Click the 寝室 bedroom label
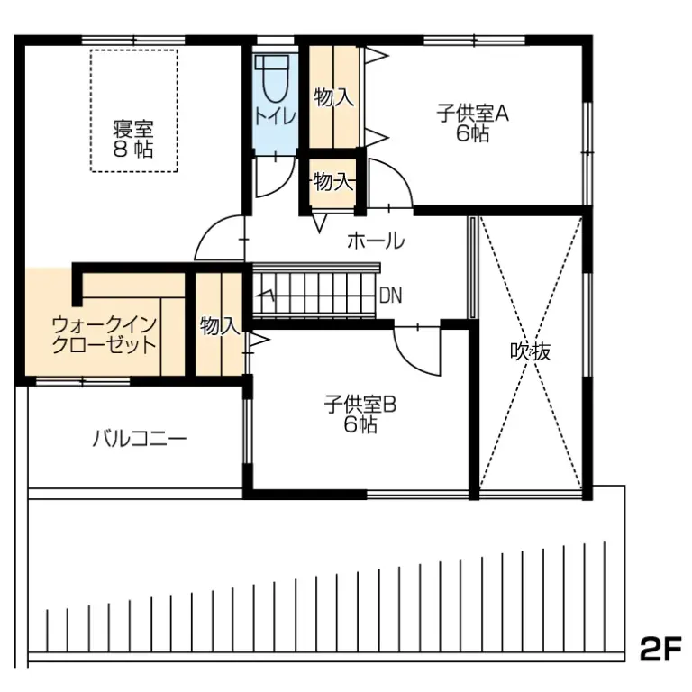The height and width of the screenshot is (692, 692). tap(132, 127)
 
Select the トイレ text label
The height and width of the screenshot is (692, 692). tap(273, 116)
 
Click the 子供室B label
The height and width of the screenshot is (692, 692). tap(360, 405)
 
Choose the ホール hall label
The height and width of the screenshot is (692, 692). tap(375, 241)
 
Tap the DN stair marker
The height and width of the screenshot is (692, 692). tap(390, 295)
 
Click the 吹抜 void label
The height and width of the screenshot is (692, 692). tap(529, 352)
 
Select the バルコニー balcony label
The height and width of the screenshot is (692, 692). tap(139, 440)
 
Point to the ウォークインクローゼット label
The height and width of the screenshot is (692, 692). tap(105, 334)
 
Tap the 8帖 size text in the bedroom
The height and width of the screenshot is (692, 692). tap(132, 150)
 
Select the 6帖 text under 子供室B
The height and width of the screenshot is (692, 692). tap(360, 425)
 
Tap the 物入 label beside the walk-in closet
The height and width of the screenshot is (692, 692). tap(219, 325)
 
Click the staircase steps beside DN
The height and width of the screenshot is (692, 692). tap(315, 291)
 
